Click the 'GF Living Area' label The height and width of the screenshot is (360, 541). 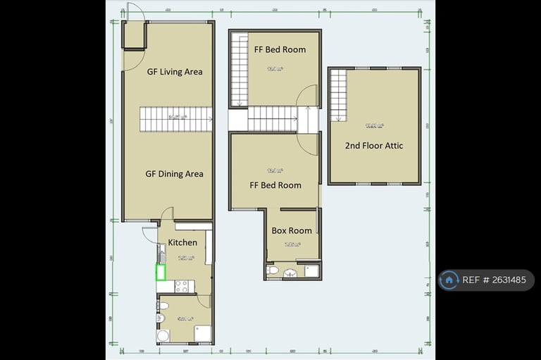(x=174, y=71)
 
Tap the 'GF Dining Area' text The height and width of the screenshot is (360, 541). (x=174, y=174)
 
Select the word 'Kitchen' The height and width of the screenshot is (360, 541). (x=182, y=243)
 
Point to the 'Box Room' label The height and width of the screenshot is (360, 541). (x=292, y=230)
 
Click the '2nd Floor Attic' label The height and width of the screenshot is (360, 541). (x=373, y=146)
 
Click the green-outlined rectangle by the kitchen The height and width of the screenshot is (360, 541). (x=160, y=271)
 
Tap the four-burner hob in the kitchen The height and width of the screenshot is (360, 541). (x=181, y=286)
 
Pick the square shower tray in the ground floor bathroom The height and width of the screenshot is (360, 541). (x=202, y=333)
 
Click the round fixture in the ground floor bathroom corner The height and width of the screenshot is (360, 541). (x=163, y=335)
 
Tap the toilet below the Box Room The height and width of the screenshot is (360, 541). (x=272, y=270)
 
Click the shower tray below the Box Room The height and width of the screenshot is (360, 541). (x=311, y=270)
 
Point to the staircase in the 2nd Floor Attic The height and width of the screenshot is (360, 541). (x=338, y=95)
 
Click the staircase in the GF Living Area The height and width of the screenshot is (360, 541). (x=176, y=119)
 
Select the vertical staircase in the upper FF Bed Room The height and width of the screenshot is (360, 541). (x=240, y=70)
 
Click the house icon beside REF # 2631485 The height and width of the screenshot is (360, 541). (x=449, y=280)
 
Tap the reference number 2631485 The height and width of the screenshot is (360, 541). (x=502, y=280)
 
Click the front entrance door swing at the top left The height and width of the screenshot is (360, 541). (x=135, y=12)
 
